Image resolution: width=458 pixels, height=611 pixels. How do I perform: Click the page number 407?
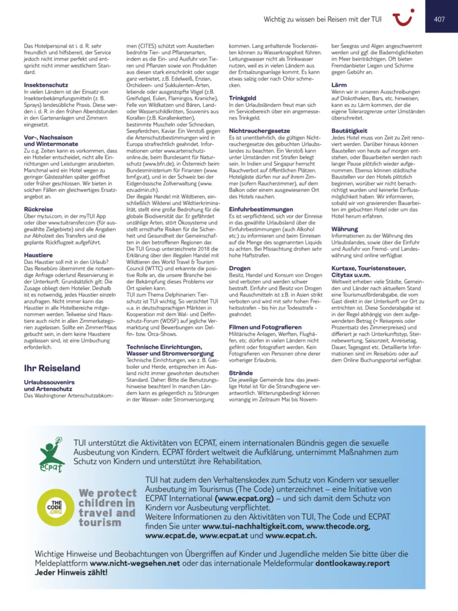pyautogui.click(x=440, y=19)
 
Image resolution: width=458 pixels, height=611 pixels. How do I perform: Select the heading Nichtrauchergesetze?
pyautogui.click(x=259, y=131)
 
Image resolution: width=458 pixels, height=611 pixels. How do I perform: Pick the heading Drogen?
pyautogui.click(x=239, y=267)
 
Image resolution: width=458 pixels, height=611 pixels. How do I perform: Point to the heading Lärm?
pyautogui.click(x=339, y=85)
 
